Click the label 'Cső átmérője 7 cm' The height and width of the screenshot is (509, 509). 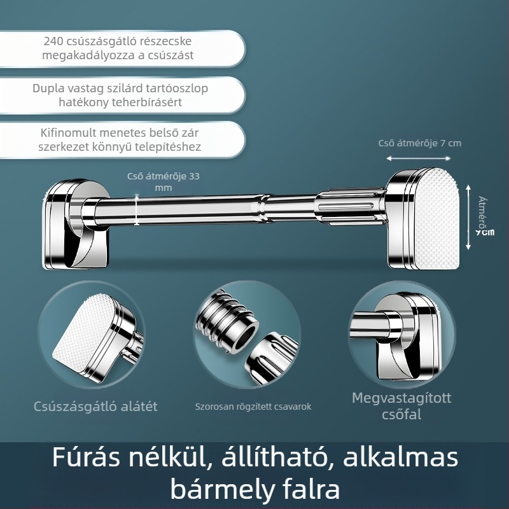[420, 143]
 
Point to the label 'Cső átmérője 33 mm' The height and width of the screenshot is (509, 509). [163, 182]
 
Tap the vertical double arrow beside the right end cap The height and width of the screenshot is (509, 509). [469, 216]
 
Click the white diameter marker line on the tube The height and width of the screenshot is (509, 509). [137, 210]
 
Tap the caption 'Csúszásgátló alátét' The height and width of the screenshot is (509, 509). [95, 406]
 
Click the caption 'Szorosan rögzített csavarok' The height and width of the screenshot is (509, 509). [253, 407]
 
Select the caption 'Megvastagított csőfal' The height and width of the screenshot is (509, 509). [401, 406]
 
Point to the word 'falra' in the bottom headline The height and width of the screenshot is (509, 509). [307, 490]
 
